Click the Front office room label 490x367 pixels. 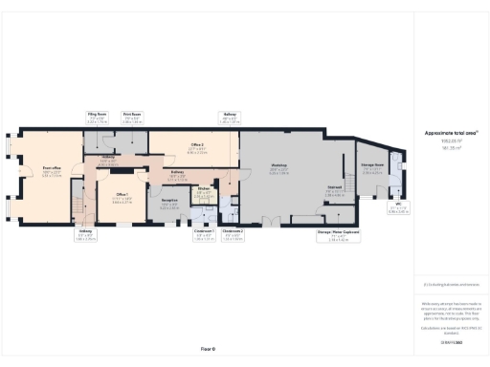coord(52,171)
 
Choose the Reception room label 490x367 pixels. coord(168,204)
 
